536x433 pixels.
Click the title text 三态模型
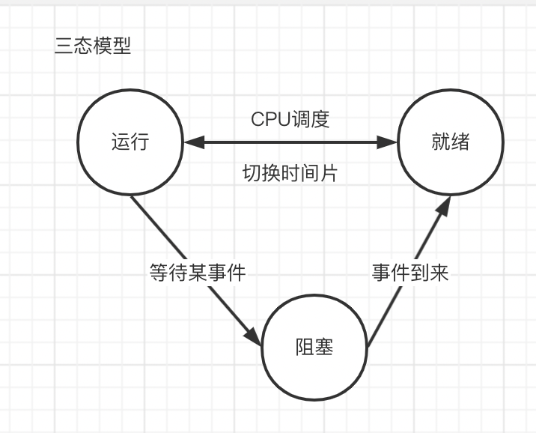point(93,46)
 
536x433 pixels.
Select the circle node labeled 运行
point(130,142)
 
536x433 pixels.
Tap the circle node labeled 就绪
point(450,142)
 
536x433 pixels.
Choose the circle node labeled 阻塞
point(314,348)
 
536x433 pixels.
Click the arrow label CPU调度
point(290,119)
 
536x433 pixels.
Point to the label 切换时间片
point(290,173)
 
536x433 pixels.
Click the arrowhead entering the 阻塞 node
point(255,338)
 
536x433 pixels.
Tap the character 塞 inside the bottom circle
point(323,348)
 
